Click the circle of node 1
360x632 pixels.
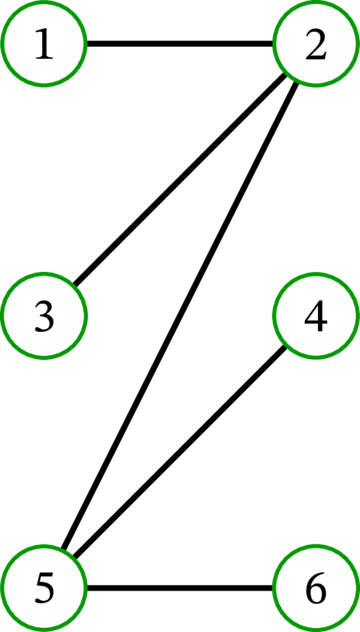[x=44, y=44]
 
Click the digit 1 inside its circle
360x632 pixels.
[x=44, y=45]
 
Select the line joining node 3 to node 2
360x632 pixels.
[x=180, y=179]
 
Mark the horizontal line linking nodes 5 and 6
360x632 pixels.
[x=180, y=587]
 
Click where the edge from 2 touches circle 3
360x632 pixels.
[x=75, y=284]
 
